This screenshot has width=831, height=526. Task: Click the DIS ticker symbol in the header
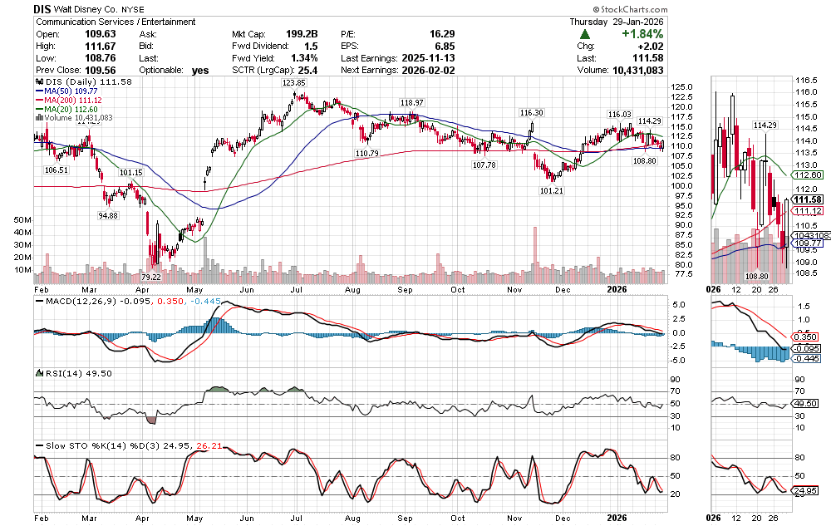pos(43,7)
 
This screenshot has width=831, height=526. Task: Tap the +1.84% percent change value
pos(640,34)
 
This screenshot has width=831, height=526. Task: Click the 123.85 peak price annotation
pos(294,83)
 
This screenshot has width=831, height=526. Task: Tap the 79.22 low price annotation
pos(150,277)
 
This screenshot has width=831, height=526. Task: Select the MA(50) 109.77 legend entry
pos(66,91)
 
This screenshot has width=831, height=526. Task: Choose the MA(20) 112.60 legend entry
pos(66,109)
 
